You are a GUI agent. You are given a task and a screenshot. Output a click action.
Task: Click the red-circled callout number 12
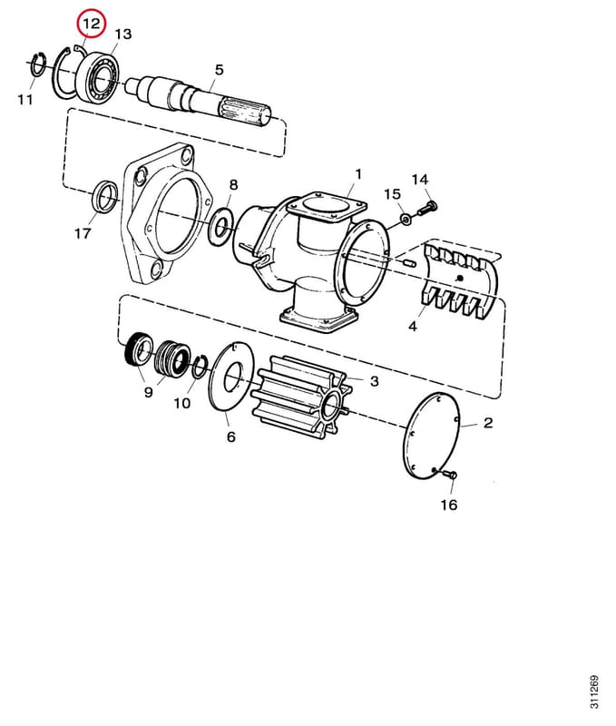tap(91, 24)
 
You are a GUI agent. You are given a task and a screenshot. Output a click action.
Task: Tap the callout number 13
tap(123, 34)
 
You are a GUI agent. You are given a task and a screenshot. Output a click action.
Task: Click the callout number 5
tap(219, 70)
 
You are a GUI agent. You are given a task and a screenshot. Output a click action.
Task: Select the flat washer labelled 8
tap(220, 227)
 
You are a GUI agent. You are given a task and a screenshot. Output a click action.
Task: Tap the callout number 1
tap(358, 174)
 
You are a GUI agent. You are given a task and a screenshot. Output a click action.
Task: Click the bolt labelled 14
tap(427, 208)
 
